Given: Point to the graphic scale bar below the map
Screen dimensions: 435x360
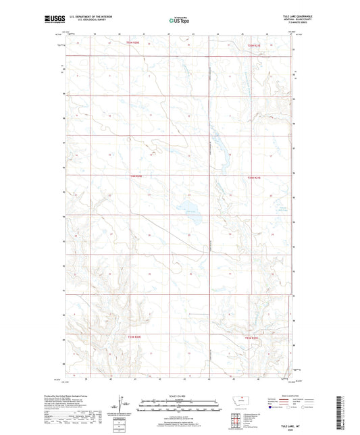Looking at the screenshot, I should click(x=179, y=401).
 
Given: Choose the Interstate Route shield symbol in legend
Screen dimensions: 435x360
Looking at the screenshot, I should click(x=274, y=407).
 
